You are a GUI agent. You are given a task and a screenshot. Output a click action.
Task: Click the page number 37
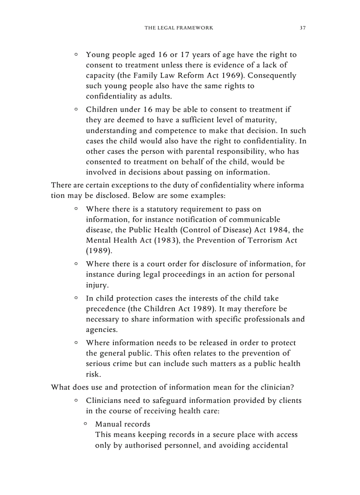303,28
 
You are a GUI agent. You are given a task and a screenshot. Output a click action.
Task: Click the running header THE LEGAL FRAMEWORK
179,28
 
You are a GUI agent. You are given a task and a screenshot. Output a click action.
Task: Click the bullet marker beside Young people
76,55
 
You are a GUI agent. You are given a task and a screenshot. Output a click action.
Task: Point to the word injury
96,285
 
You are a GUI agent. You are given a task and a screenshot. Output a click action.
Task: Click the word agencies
102,330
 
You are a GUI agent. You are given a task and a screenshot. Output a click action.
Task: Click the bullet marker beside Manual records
86,424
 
